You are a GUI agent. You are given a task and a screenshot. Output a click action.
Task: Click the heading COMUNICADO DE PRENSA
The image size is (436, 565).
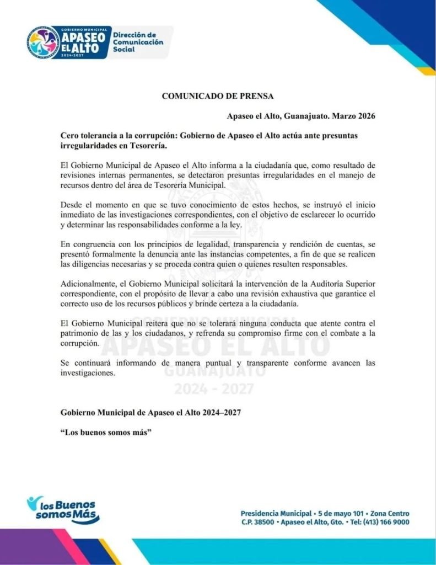pos(218,95)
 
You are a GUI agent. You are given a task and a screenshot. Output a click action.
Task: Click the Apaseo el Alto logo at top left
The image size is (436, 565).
pos(68,41)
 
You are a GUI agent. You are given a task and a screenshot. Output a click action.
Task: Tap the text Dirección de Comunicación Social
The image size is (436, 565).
pos(138,41)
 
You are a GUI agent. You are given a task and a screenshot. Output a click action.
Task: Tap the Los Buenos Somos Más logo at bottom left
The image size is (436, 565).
pos(63,509)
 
